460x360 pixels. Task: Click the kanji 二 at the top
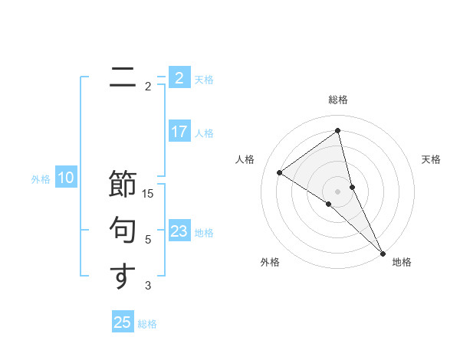click(123, 77)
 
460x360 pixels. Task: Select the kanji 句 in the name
click(123, 231)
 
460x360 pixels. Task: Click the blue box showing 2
click(179, 78)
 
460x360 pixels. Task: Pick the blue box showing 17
click(179, 132)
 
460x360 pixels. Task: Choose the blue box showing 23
click(179, 231)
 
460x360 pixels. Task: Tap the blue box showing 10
click(66, 178)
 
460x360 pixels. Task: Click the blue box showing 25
click(123, 322)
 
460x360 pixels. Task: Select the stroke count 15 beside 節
click(148, 194)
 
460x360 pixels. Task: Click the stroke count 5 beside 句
click(148, 240)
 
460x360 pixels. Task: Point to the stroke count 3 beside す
click(148, 286)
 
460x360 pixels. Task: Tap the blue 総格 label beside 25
click(147, 324)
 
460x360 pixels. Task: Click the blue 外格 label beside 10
click(41, 179)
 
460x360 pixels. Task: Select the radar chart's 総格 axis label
click(338, 100)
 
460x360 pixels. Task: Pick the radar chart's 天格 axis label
click(431, 159)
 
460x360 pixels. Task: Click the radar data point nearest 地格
click(383, 253)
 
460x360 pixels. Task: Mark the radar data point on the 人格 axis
click(279, 172)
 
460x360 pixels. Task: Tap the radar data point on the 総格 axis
click(338, 131)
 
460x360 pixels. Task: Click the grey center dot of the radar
click(338, 191)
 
